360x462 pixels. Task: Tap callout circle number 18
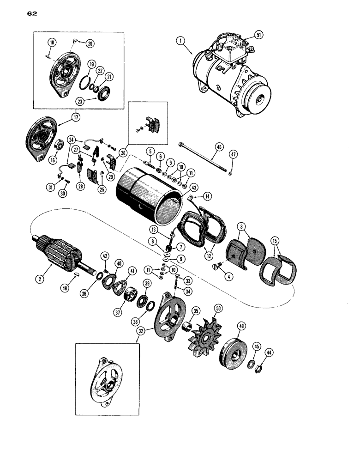51,43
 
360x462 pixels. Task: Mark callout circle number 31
50,186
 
